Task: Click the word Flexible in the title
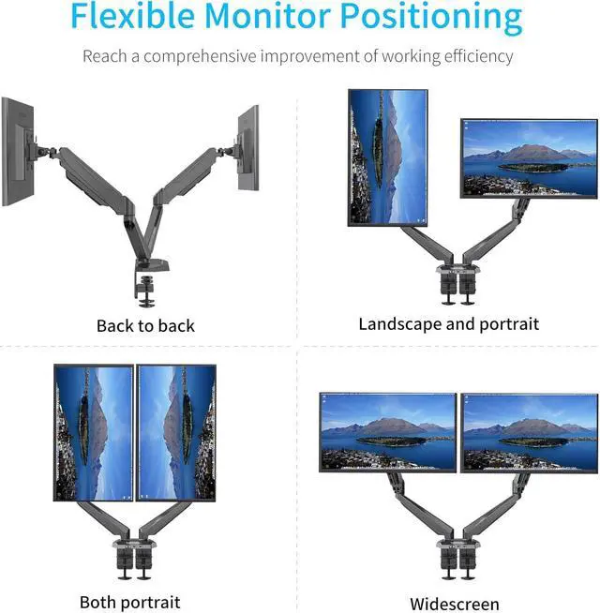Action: pyautogui.click(x=133, y=18)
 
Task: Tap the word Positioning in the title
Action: pyautogui.click(x=430, y=18)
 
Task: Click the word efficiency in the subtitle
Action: pyautogui.click(x=469, y=56)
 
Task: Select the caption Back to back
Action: pyautogui.click(x=145, y=325)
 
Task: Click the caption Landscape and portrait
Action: pyautogui.click(x=448, y=324)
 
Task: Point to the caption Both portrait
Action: pyautogui.click(x=129, y=602)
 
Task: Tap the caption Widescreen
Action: pyautogui.click(x=455, y=604)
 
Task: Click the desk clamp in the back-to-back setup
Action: pyautogui.click(x=147, y=289)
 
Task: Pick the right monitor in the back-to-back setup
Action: pyautogui.click(x=247, y=147)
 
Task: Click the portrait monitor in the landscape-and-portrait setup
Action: pyautogui.click(x=388, y=157)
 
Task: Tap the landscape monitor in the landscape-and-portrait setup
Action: pyautogui.click(x=529, y=157)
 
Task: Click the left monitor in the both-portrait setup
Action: pyautogui.click(x=93, y=433)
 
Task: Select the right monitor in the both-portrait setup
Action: pyautogui.click(x=176, y=433)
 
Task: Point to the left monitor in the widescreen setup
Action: pyautogui.click(x=388, y=432)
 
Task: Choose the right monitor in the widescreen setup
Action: pyautogui.click(x=530, y=432)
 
